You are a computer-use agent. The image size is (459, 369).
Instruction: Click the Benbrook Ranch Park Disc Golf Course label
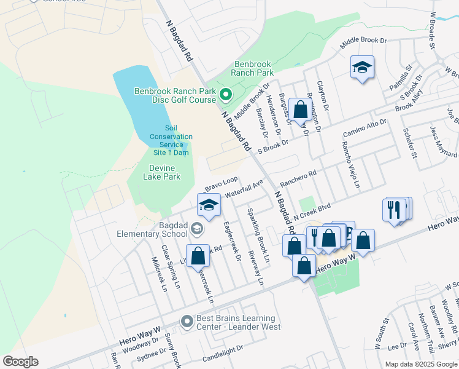[175, 96]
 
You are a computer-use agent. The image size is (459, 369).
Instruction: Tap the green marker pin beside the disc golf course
[225, 95]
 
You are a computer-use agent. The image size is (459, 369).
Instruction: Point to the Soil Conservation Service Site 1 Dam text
[171, 140]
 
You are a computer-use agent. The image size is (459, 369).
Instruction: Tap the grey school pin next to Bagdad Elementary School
[196, 229]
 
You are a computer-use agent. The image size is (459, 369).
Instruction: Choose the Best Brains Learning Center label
[235, 322]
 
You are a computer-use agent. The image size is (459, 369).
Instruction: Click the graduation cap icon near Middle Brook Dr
[362, 68]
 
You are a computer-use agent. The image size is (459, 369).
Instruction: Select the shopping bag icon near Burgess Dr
[301, 111]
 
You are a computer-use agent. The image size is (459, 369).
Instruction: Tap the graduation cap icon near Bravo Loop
[209, 205]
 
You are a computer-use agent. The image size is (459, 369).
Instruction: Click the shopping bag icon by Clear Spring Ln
[198, 256]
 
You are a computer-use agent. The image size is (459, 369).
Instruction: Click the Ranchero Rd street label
[298, 179]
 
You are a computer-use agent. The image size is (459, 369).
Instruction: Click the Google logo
[20, 362]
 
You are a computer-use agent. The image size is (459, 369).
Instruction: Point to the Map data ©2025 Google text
[421, 364]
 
